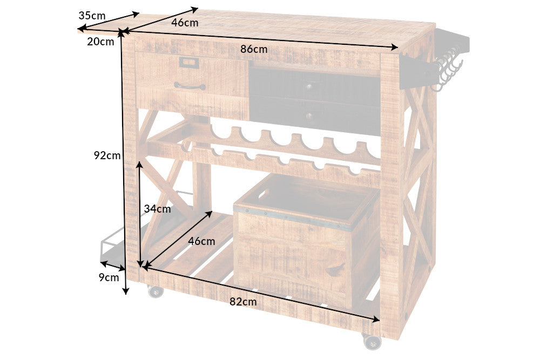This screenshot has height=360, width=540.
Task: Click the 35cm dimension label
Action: pos(92,16)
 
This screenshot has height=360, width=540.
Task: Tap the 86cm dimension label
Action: pos(254,49)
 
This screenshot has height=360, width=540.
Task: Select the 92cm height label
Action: pos(107,155)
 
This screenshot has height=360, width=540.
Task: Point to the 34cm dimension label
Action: pos(157,208)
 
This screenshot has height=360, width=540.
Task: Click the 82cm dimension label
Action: pos(243,302)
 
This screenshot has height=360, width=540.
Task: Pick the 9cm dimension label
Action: pos(109,277)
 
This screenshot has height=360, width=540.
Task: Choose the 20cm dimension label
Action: pos(100,42)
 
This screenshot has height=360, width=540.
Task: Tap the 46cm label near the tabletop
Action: pos(185,23)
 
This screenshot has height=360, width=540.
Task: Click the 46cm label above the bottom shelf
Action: pos(201,241)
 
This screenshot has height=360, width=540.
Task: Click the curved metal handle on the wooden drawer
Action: pos(190,86)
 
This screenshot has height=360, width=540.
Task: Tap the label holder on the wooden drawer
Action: pos(188,62)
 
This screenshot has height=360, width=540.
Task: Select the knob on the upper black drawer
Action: pos(308,86)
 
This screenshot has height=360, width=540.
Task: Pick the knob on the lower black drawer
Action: pos(309,116)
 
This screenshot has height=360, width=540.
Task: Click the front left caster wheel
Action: pos(156,291)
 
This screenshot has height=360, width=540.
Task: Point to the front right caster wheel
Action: pos(372,341)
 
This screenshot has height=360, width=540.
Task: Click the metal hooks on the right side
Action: pos(447,69)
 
